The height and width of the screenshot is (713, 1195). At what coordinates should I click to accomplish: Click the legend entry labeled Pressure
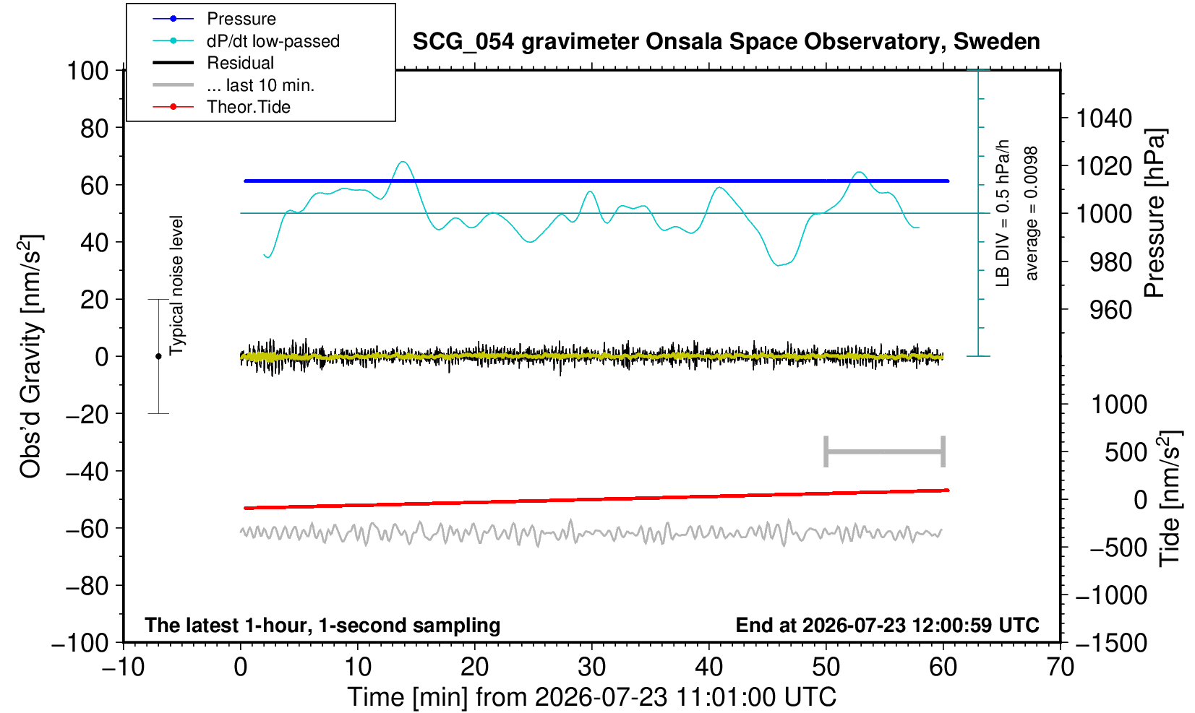pos(241,19)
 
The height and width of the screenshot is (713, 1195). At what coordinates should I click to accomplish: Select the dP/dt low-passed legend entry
pos(273,41)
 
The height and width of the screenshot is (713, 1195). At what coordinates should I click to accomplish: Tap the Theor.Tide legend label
pos(249,107)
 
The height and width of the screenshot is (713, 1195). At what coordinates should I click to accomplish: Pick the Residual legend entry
pos(240,63)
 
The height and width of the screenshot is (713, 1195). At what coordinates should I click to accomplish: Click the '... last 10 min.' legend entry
pos(261,85)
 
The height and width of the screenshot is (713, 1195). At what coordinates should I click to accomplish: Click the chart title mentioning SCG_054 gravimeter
pos(726,42)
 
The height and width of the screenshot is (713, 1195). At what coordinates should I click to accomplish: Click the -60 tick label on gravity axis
pos(87,529)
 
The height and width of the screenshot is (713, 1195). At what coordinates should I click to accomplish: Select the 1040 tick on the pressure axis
pos(1104,118)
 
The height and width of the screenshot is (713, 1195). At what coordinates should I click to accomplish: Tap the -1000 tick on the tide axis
pos(1111,595)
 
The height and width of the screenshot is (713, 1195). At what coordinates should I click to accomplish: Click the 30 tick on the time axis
pos(591,667)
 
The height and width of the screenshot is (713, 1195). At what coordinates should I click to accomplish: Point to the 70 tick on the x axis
pos(1060,667)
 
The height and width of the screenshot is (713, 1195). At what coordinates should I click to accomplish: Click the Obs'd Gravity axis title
pos(30,356)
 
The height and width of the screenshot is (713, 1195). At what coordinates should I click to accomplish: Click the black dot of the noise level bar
pos(158,356)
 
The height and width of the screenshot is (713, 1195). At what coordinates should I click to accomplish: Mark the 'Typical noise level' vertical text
pos(176,286)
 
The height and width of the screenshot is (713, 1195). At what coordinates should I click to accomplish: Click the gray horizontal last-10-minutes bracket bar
pos(885,451)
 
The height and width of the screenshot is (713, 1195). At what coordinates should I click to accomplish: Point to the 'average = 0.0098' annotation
pos(1031,213)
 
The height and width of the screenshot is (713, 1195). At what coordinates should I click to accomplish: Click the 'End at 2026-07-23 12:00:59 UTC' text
pos(887,625)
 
